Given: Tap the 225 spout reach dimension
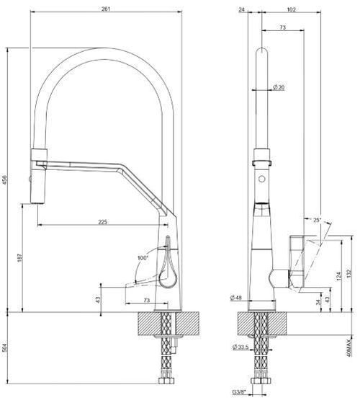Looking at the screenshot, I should [x=103, y=222].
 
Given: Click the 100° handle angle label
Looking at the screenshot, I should [x=142, y=257].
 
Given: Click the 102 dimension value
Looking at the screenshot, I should [x=292, y=9].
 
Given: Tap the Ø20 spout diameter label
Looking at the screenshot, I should [x=279, y=87].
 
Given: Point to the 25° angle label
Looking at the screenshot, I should [x=318, y=219].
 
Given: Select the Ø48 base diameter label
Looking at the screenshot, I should [x=235, y=298].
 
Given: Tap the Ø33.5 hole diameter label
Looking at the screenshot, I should [x=240, y=347].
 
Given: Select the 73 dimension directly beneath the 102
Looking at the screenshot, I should [x=282, y=27].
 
